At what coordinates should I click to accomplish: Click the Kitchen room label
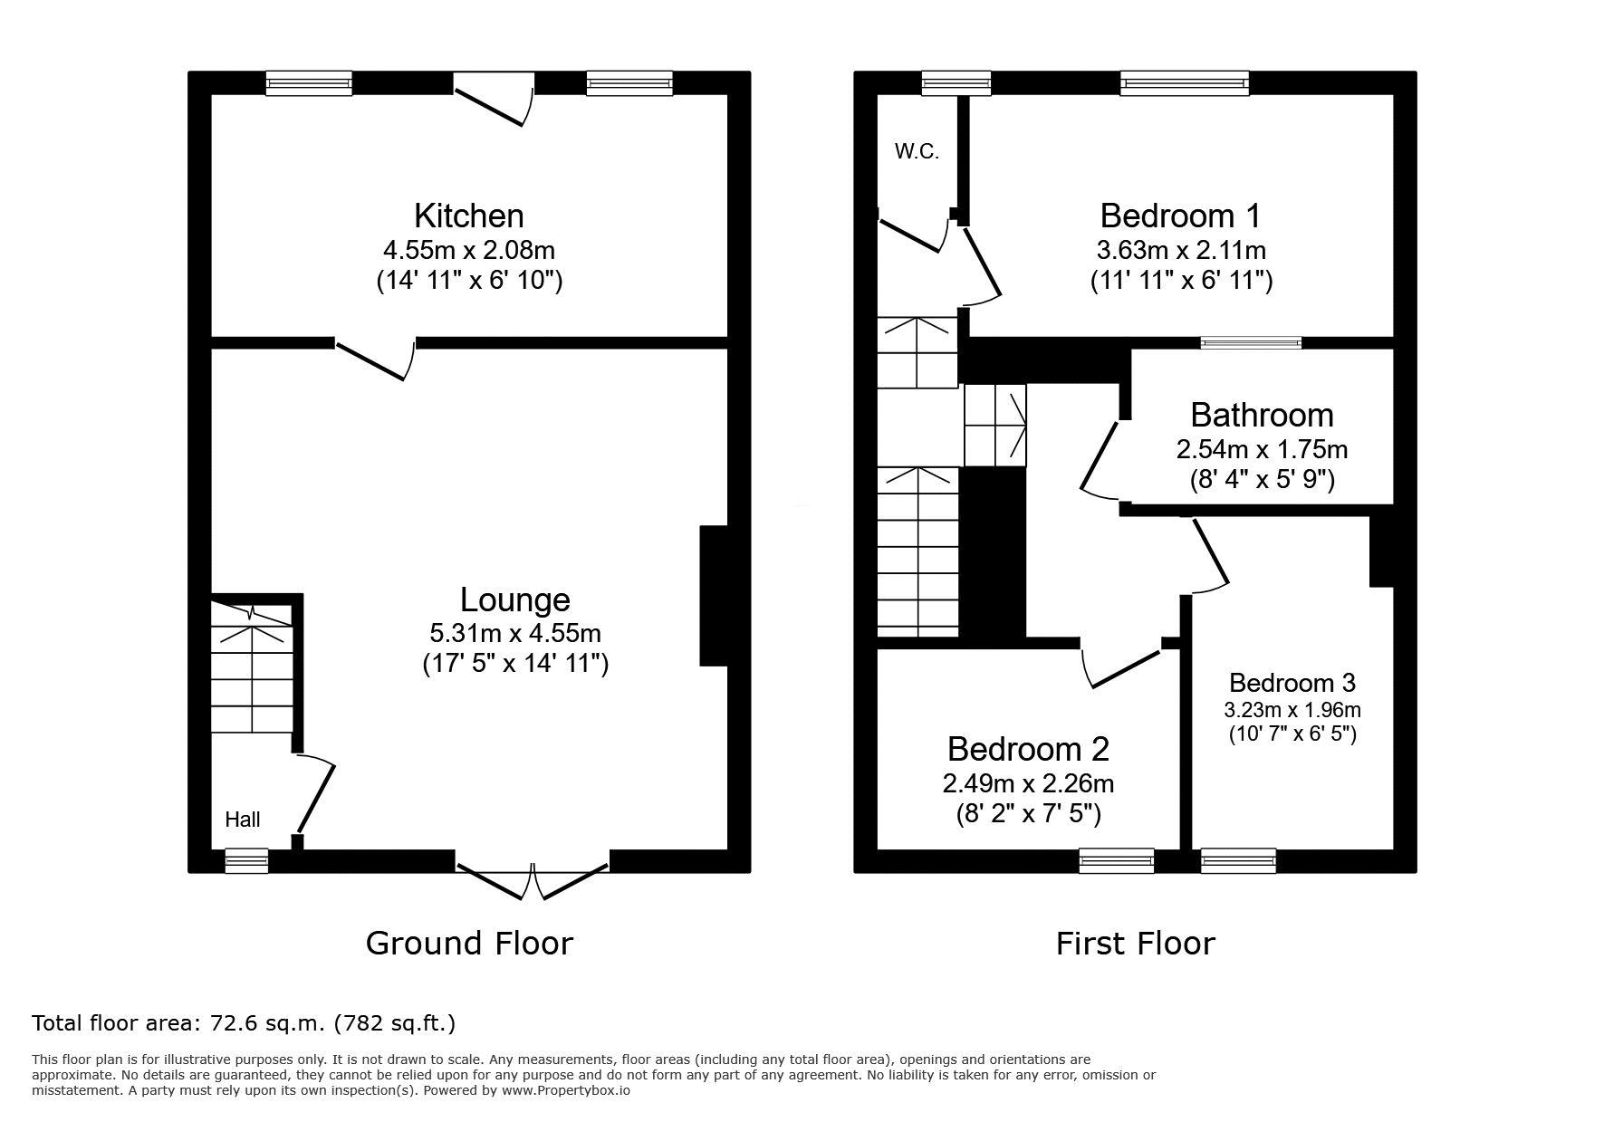tap(469, 216)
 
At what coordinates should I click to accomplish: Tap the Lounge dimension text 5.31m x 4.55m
tap(515, 632)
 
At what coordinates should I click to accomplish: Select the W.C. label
tap(917, 152)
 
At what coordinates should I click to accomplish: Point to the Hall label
tap(243, 820)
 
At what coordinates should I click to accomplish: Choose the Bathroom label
tap(1262, 415)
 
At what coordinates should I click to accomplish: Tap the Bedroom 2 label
tap(1028, 749)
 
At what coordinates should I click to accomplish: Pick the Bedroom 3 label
tap(1292, 683)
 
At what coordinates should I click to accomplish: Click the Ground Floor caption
tap(469, 944)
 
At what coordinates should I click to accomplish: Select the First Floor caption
tap(1135, 944)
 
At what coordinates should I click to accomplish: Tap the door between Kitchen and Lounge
tap(376, 359)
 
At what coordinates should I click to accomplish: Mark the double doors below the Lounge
tap(533, 876)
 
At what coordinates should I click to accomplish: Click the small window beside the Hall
tap(246, 861)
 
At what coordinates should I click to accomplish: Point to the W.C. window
tap(956, 83)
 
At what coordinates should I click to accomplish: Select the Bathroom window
tap(1251, 342)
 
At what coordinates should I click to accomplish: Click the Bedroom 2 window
tap(1116, 861)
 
